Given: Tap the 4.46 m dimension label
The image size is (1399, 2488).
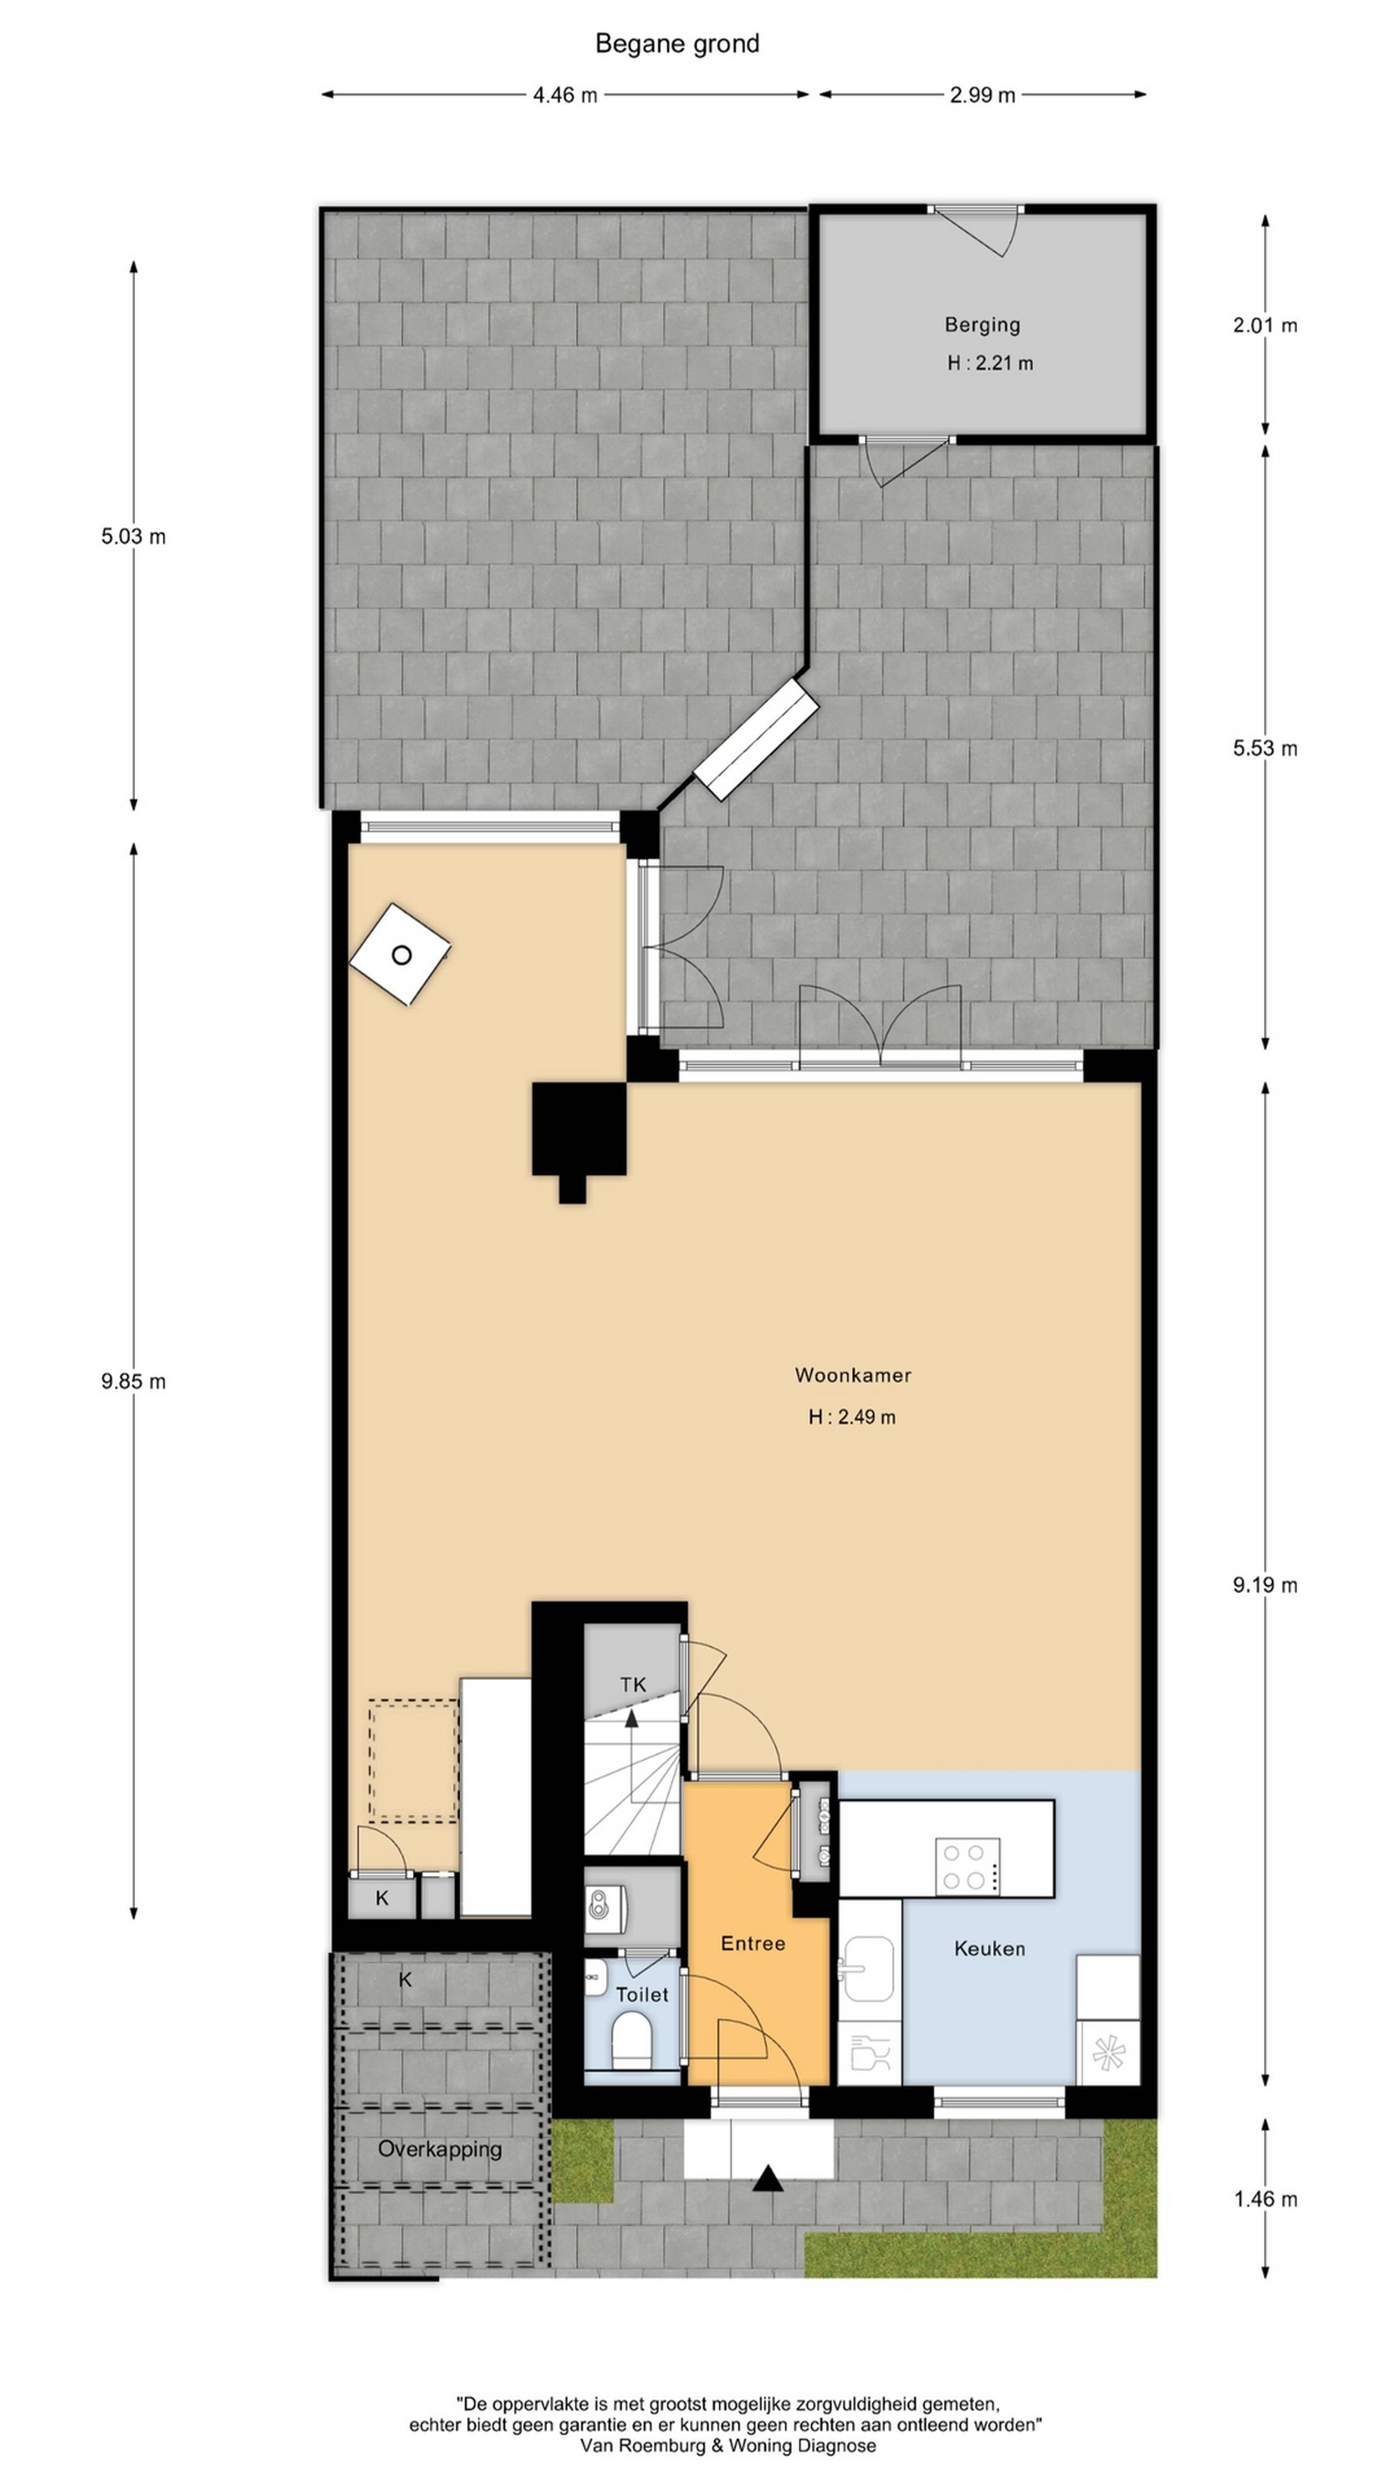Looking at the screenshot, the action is (565, 95).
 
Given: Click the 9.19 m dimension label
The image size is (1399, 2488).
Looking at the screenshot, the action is (1265, 1585).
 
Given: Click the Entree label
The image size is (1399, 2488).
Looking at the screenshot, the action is (753, 1943).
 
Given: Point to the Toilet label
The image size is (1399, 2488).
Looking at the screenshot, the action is (642, 1994).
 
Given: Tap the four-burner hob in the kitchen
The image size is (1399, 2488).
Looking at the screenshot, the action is (967, 1867).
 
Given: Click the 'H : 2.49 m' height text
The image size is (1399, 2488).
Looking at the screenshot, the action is (851, 1417).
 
